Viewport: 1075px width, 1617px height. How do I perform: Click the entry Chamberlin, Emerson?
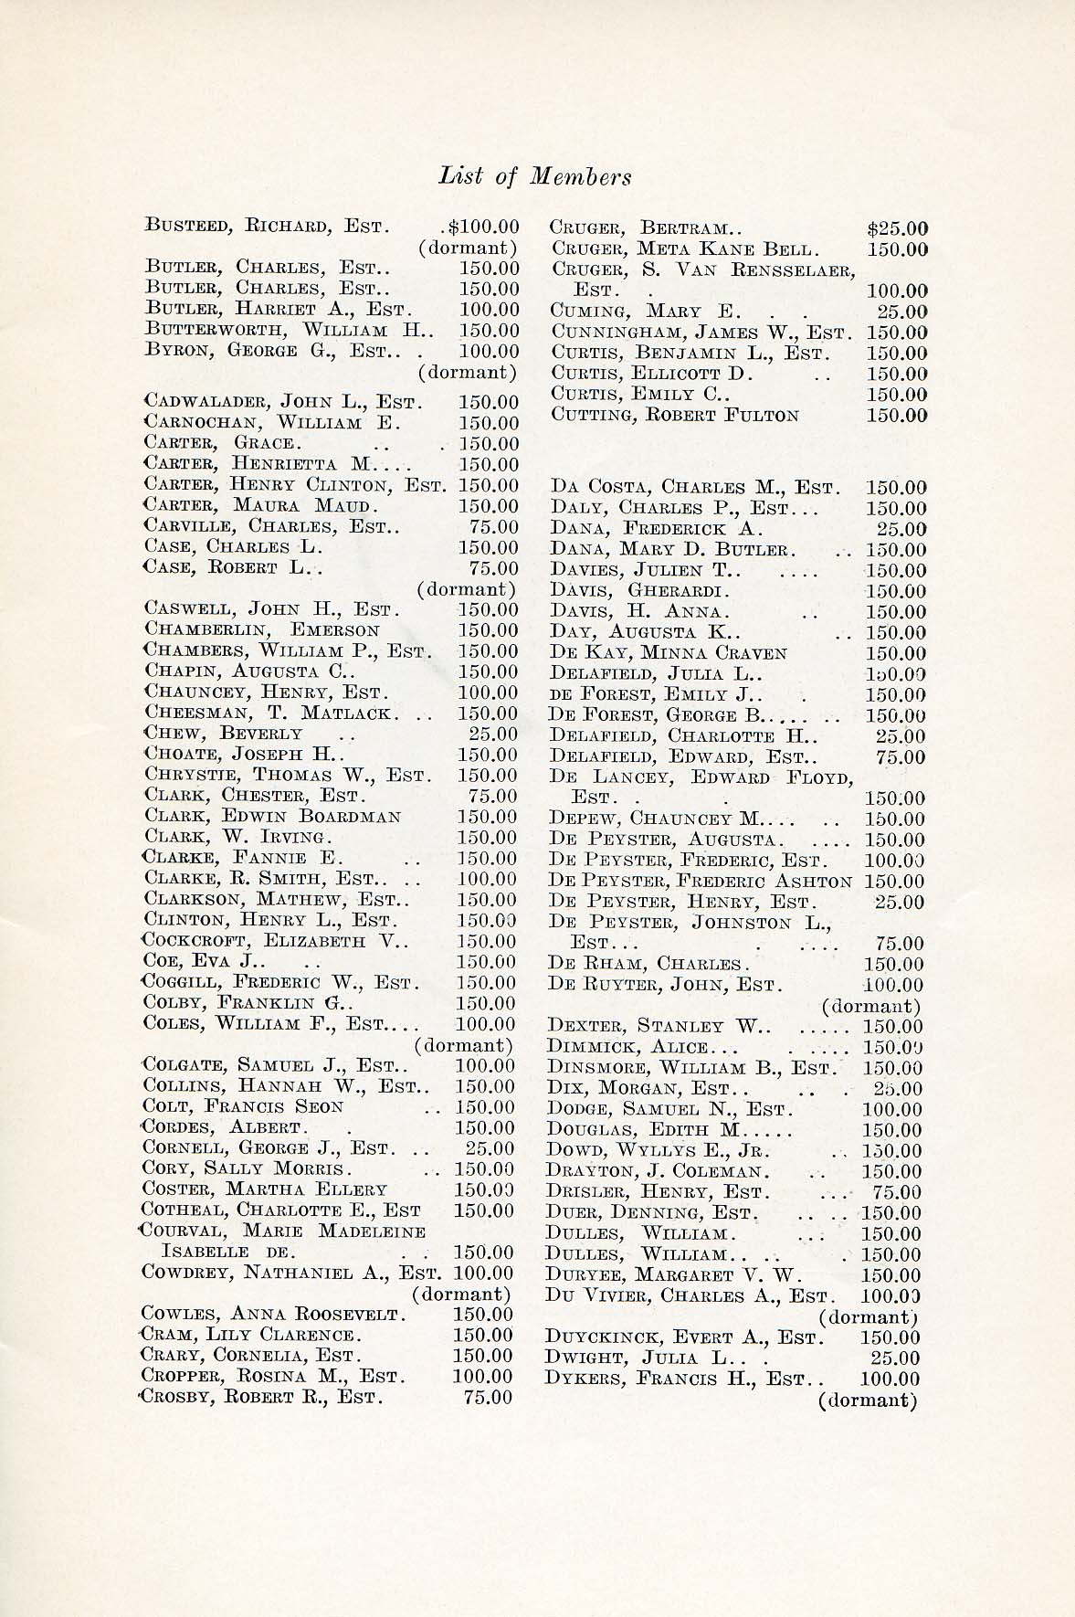pyautogui.click(x=262, y=630)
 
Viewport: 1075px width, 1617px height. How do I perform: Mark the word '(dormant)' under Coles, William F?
pyautogui.click(x=464, y=1044)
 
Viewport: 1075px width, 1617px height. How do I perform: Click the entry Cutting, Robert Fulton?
pyautogui.click(x=675, y=415)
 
